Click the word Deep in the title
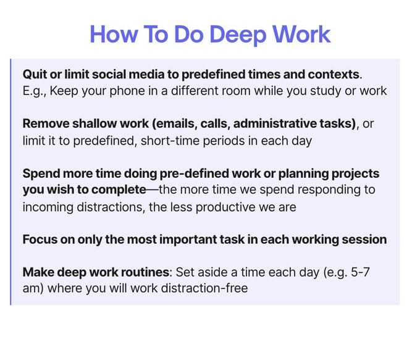(238, 35)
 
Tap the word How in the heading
(114, 34)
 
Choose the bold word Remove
(46, 123)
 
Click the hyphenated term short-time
(170, 141)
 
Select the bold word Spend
(41, 174)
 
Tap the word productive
(225, 207)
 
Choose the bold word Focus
(40, 240)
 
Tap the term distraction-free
(204, 288)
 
